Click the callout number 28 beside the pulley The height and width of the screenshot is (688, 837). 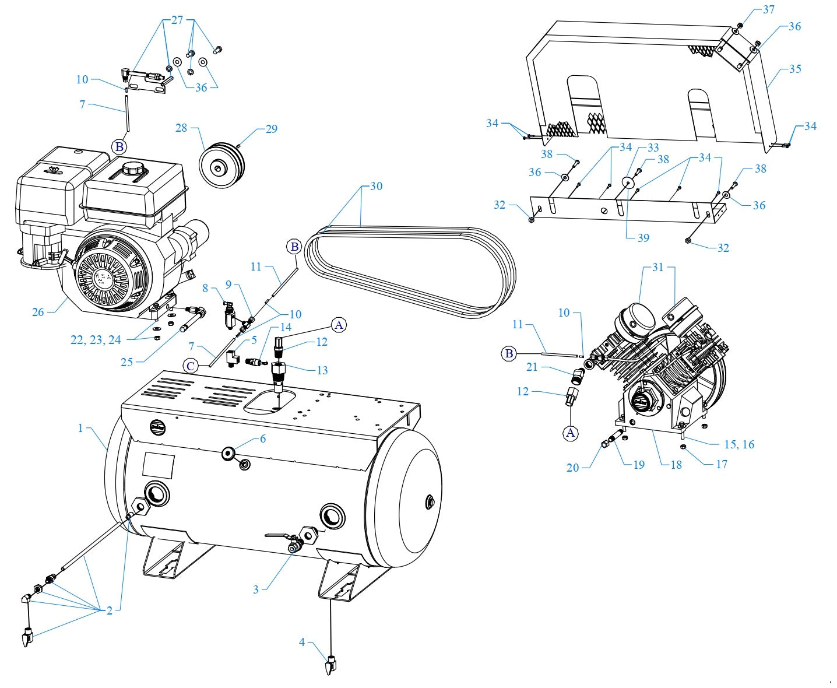(181, 127)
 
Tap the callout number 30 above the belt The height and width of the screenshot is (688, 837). (376, 186)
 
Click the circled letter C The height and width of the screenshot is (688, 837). (190, 366)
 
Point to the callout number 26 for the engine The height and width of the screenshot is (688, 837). (38, 312)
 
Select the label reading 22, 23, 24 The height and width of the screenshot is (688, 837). (96, 340)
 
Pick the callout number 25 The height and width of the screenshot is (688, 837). (127, 362)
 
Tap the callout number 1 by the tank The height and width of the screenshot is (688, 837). (80, 428)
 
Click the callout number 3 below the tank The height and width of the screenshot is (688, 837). (255, 589)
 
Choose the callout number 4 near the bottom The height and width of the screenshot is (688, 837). (302, 642)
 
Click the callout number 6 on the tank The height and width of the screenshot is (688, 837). (263, 438)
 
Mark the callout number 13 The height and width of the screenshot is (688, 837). (322, 370)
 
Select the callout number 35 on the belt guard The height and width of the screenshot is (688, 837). (795, 69)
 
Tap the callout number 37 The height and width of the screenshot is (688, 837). (769, 10)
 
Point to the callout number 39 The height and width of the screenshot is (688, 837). (643, 237)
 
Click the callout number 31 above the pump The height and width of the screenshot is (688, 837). (657, 267)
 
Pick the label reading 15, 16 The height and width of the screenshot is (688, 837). (738, 444)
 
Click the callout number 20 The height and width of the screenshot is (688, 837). (573, 467)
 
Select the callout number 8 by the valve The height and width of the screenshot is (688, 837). (205, 288)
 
